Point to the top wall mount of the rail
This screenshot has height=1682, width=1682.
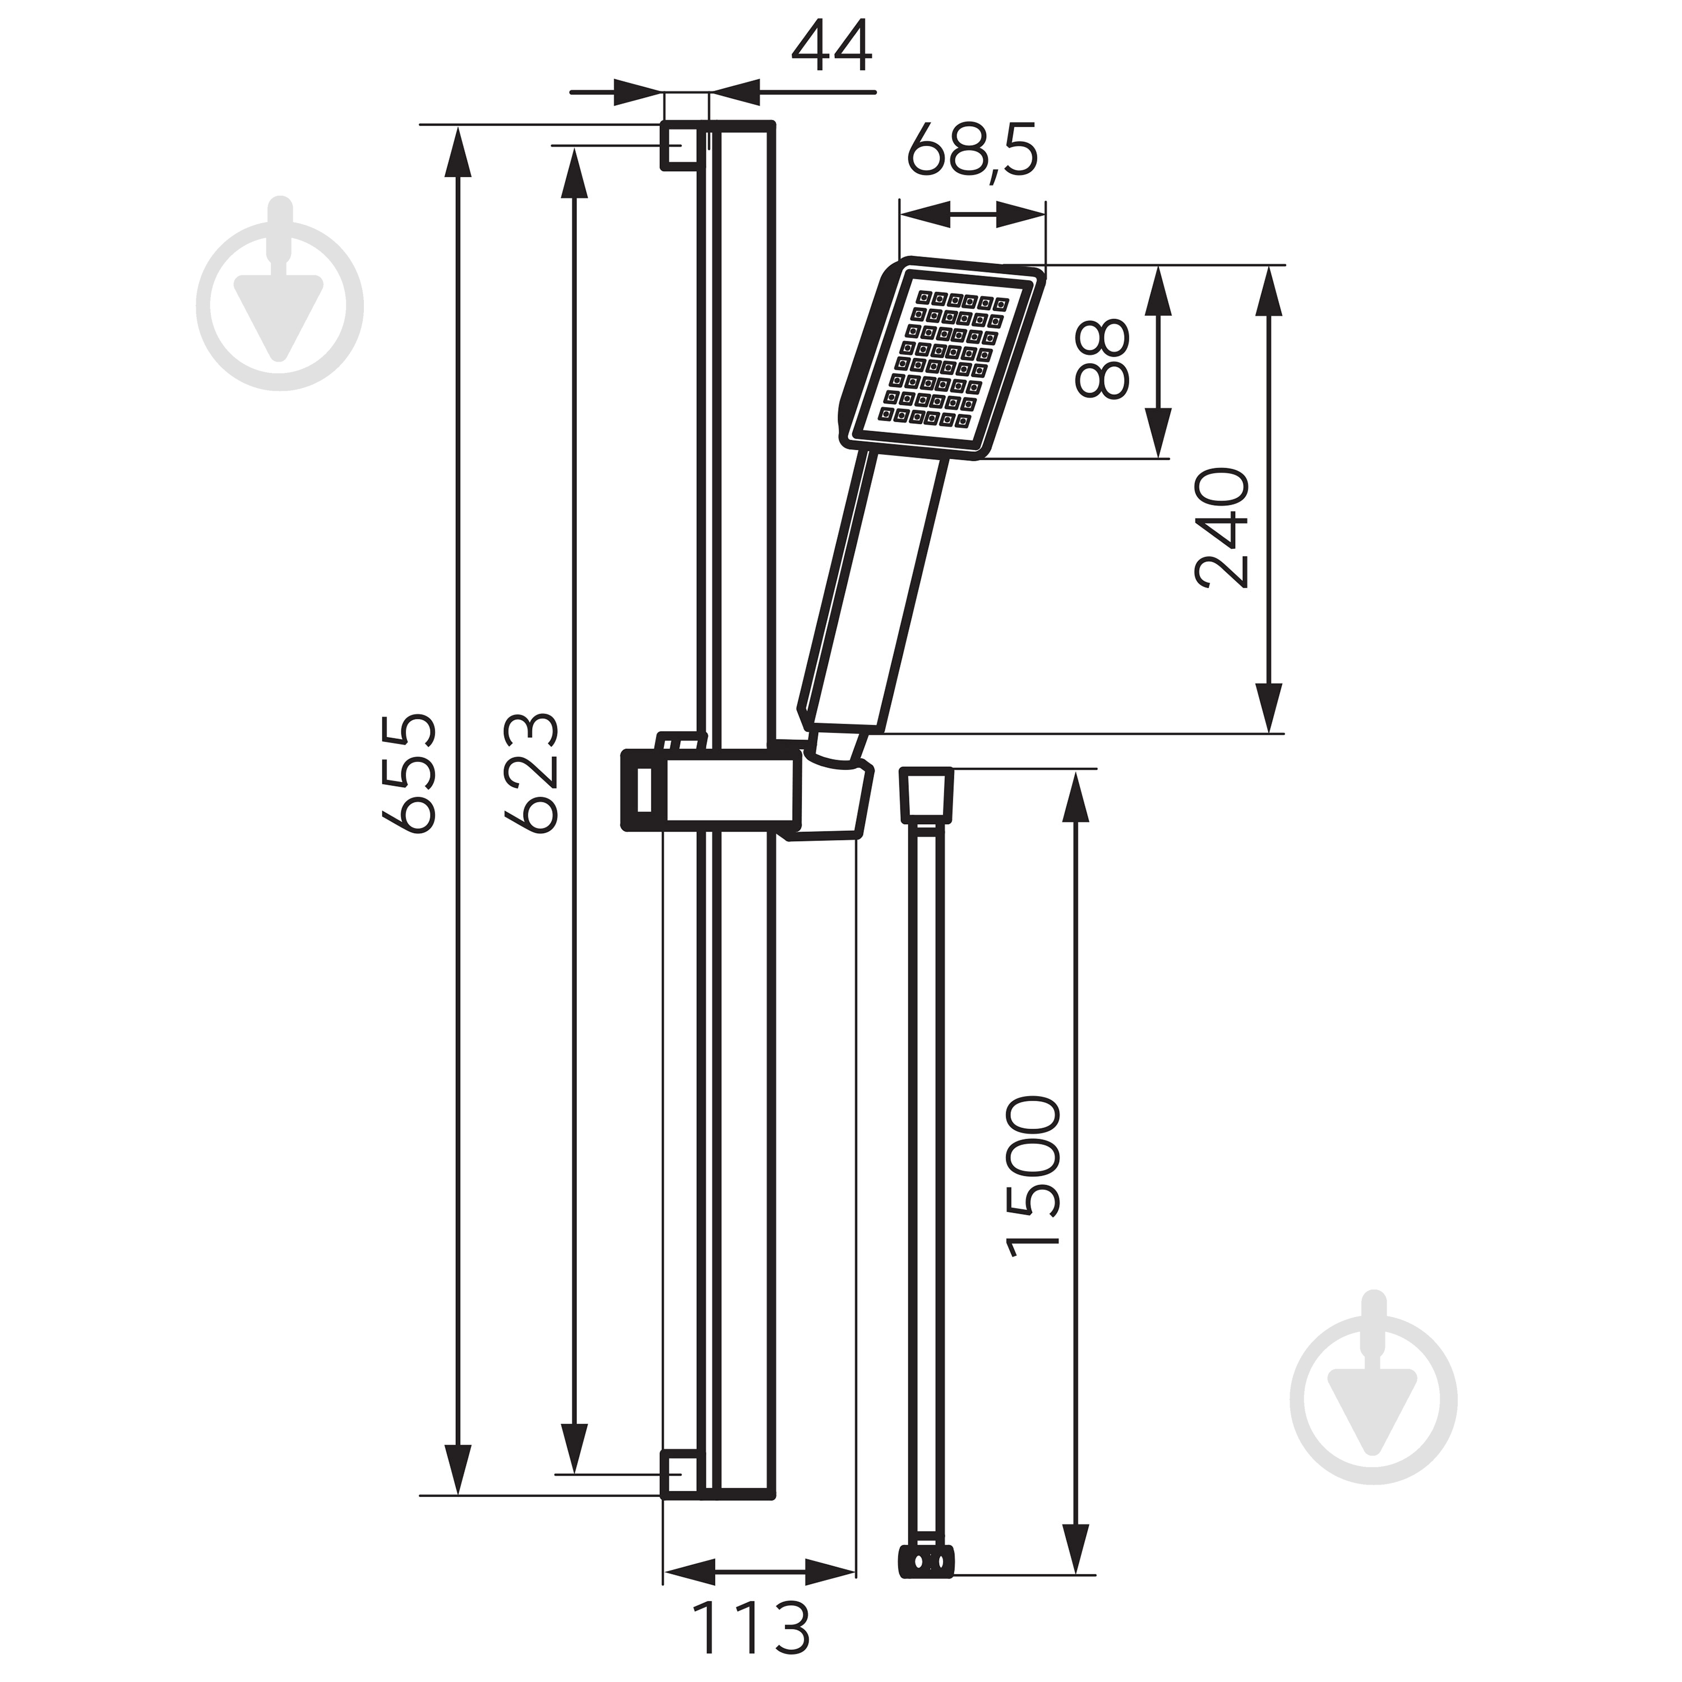(x=682, y=145)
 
